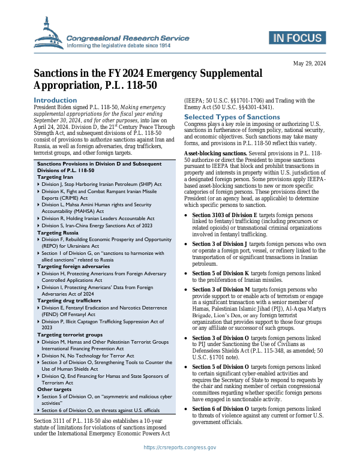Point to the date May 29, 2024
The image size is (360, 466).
[x=309, y=64]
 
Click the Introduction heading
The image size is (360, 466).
[x=55, y=100]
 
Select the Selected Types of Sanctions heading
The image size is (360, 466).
[x=223, y=116]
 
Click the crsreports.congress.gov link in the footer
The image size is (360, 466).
[x=179, y=447]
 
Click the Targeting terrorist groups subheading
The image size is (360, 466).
[x=70, y=334]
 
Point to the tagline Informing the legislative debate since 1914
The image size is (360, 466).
[x=127, y=46]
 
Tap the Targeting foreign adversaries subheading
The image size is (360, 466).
[x=74, y=266]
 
